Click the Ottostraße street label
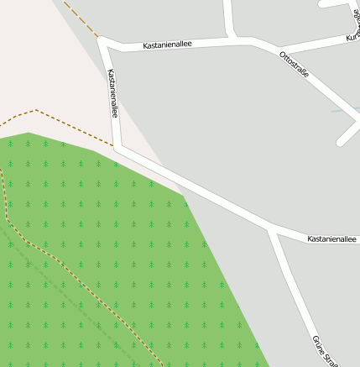tap(295, 65)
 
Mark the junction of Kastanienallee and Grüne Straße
tap(271, 228)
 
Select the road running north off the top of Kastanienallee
tap(228, 17)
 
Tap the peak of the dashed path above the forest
tap(35, 110)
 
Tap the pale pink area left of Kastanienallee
tap(50, 67)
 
